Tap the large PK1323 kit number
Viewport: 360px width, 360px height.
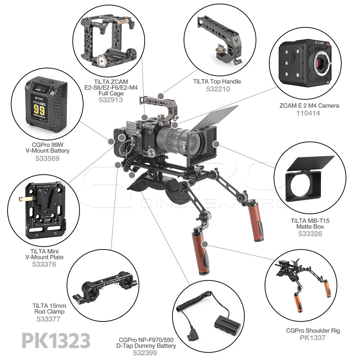pyautogui.click(x=56, y=340)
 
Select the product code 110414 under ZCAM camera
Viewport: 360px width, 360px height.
pyautogui.click(x=308, y=113)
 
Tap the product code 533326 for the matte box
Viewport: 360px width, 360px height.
pyautogui.click(x=310, y=234)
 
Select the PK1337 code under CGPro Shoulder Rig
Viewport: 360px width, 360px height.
pyautogui.click(x=313, y=338)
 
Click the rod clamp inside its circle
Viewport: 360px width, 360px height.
pyautogui.click(x=104, y=286)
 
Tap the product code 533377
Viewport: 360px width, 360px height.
pyautogui.click(x=48, y=319)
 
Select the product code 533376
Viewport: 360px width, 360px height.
pyautogui.click(x=44, y=265)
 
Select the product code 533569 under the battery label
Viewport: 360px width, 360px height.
pyautogui.click(x=47, y=158)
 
